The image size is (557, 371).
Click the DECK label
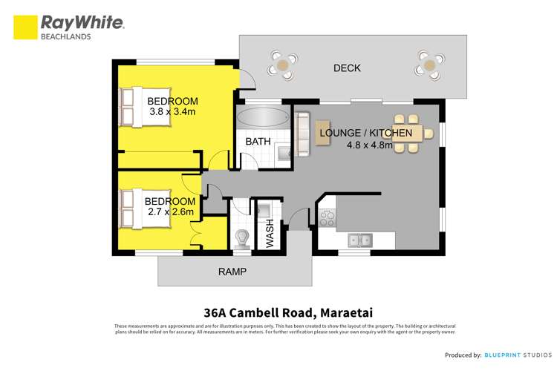coord(347,68)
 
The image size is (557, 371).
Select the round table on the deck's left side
coord(284,65)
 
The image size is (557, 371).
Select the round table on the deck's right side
coord(431,64)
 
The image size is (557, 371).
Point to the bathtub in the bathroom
coord(261,117)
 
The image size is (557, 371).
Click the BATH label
coord(258,141)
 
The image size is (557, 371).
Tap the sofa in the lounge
coord(302,134)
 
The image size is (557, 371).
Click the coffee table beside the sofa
coord(322,134)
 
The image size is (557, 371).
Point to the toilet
coord(241,237)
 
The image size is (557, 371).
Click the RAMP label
coord(232,272)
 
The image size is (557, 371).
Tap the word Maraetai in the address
coord(324,312)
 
